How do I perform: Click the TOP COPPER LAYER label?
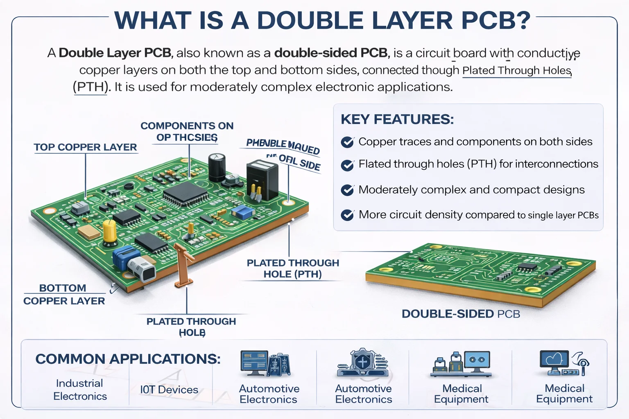[85, 147]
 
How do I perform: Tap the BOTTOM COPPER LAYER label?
[64, 295]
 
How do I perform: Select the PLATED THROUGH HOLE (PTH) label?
[293, 268]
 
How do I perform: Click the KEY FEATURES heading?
[397, 119]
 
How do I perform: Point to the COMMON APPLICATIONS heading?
[128, 359]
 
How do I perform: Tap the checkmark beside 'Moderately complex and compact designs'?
[347, 190]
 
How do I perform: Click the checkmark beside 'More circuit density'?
[347, 215]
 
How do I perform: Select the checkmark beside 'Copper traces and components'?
[347, 142]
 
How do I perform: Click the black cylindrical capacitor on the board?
[217, 167]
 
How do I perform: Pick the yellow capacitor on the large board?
[109, 231]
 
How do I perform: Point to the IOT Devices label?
[169, 390]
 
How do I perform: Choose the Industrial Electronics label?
[80, 390]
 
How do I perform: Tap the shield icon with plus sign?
[362, 361]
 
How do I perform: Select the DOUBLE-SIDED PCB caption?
[461, 314]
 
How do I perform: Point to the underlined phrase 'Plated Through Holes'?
[516, 70]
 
